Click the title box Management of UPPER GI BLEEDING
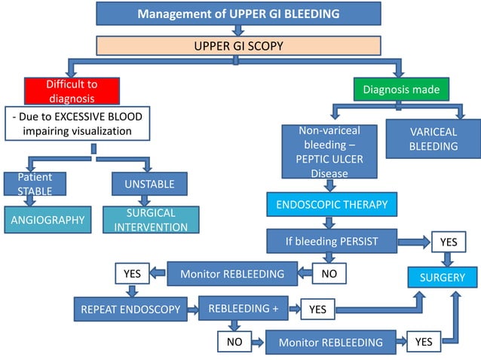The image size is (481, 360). click(x=237, y=14)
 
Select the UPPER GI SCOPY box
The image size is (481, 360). click(x=238, y=46)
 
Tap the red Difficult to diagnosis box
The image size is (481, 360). click(x=71, y=91)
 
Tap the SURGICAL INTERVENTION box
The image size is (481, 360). click(x=150, y=219)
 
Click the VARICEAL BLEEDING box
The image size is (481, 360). click(x=433, y=139)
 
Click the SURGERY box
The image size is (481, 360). click(x=443, y=278)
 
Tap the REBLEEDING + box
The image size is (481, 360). click(x=238, y=308)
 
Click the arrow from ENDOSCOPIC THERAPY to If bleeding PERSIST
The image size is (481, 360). click(x=329, y=223)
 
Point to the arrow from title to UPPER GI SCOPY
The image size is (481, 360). click(x=238, y=30)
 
